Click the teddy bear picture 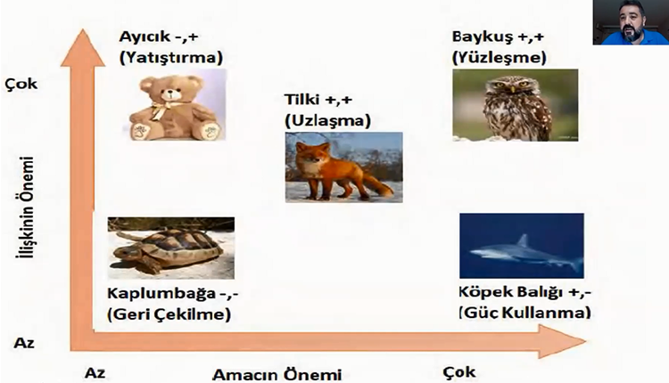point(174,109)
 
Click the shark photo point(521,245)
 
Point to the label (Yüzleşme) point(500,58)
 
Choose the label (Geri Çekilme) point(169,314)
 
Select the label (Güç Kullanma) point(524,314)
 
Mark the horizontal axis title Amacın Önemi point(277,374)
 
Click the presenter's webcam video point(629,23)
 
